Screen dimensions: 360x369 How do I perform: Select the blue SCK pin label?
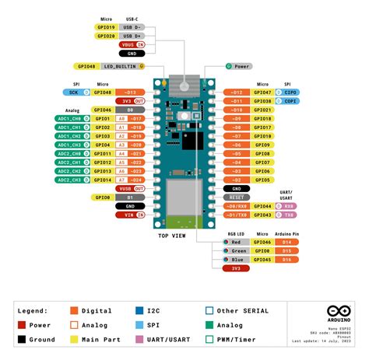click(75, 92)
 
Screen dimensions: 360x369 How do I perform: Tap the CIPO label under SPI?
click(290, 92)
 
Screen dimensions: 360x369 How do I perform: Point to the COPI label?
click(290, 101)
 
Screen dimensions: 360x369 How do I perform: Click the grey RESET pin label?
click(236, 197)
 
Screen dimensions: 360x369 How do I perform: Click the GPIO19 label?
click(107, 26)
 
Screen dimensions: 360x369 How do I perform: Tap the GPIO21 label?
click(262, 110)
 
